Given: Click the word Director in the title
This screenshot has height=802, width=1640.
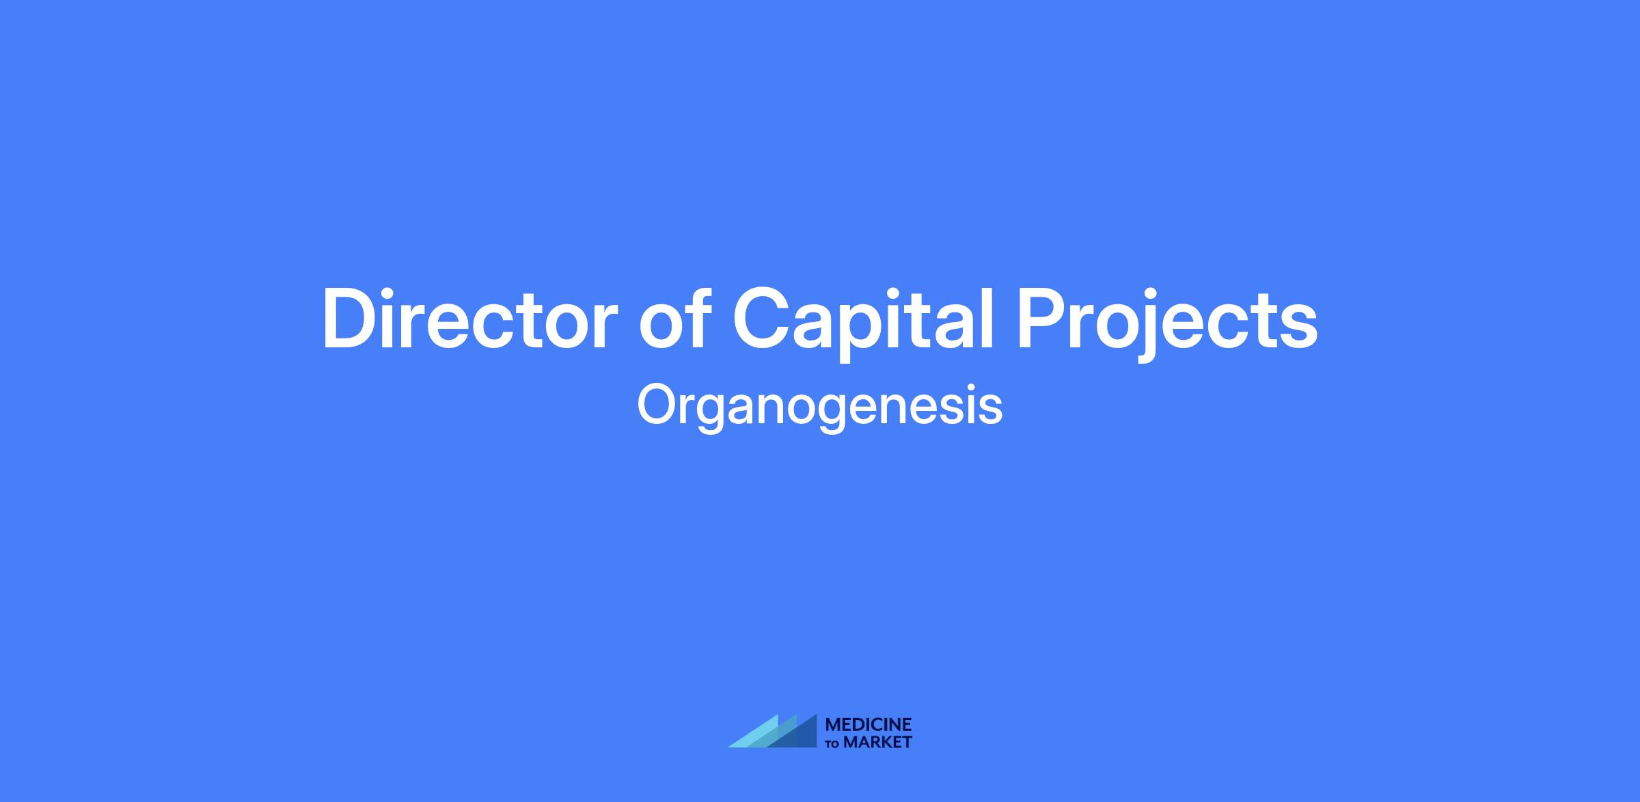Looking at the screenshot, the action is click(470, 319).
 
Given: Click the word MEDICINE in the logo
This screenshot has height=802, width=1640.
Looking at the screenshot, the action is click(869, 725).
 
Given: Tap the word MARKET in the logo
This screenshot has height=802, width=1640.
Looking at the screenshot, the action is click(877, 742).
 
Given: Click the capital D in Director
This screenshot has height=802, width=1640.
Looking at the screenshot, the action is click(351, 319).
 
